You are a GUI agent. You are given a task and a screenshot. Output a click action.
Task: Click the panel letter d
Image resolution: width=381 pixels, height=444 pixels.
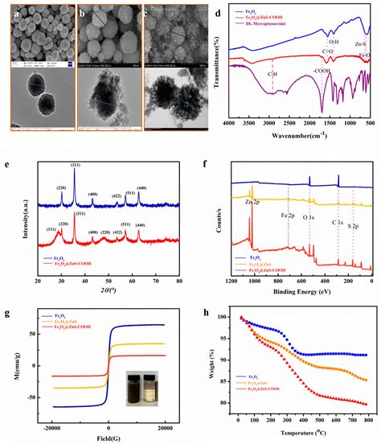[x=205, y=13]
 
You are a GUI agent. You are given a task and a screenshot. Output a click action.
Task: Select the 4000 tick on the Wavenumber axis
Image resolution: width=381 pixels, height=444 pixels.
[x=228, y=124]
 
